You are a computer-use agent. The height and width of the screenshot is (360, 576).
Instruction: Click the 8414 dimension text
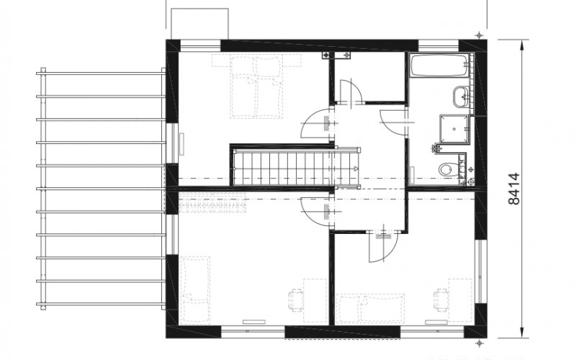[514, 189]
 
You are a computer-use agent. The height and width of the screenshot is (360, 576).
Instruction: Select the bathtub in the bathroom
[439, 66]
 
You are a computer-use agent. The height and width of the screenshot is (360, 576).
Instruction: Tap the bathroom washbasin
[461, 96]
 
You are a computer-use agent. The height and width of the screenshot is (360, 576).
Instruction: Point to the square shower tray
[455, 129]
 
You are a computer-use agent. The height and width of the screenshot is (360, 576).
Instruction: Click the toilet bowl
[446, 169]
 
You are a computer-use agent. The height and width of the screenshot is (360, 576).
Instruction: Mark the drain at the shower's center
[455, 130]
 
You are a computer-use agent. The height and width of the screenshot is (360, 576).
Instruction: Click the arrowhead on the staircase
[355, 168]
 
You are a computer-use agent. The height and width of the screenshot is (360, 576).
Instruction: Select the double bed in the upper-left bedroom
[256, 86]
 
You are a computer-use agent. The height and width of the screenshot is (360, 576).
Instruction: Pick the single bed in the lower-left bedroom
[195, 290]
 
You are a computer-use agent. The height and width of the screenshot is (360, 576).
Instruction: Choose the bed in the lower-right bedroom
[371, 308]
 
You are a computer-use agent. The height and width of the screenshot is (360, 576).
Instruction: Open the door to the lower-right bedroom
[383, 246]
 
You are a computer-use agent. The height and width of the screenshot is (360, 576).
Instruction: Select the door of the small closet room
[351, 91]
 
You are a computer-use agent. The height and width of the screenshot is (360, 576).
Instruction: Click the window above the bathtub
[438, 46]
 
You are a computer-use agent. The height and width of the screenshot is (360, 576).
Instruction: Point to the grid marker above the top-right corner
[479, 35]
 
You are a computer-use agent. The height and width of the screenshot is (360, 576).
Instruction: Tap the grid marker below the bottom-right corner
[479, 343]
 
